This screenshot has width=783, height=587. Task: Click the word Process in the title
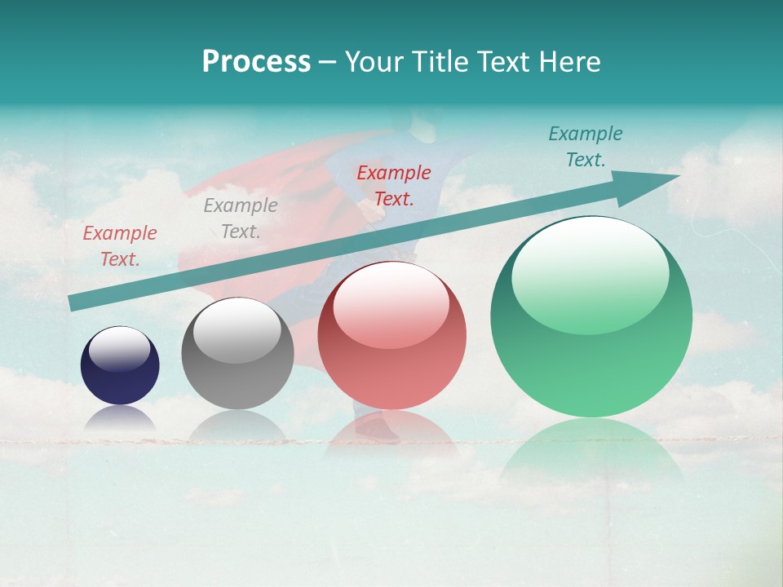pyautogui.click(x=256, y=62)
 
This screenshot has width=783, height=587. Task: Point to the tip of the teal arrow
pyautogui.click(x=678, y=176)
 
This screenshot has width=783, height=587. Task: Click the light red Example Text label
pyautogui.click(x=120, y=246)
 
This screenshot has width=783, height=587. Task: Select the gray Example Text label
pyautogui.click(x=241, y=218)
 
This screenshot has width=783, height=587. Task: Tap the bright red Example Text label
pyautogui.click(x=394, y=186)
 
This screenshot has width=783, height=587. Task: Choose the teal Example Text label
pyautogui.click(x=586, y=147)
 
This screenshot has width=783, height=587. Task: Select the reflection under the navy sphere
pyautogui.click(x=120, y=417)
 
